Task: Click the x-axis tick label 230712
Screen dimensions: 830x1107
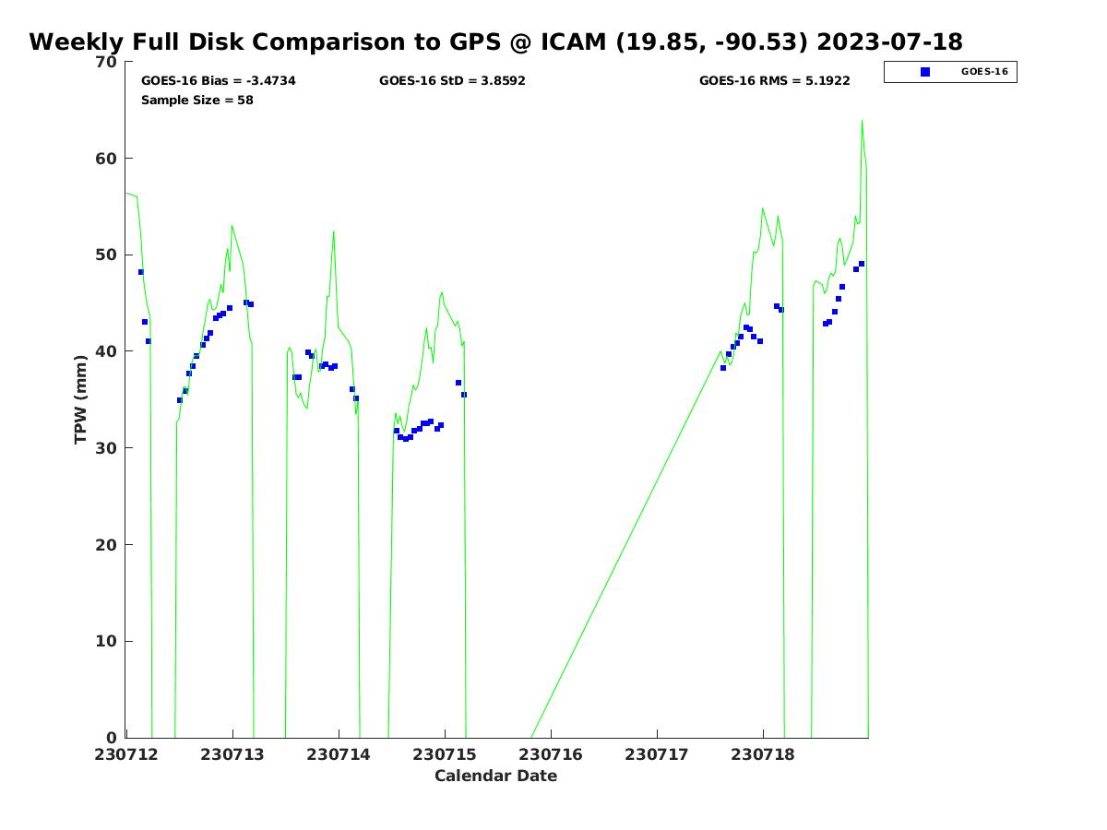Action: click(x=125, y=754)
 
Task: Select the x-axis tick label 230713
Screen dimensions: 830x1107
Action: click(x=232, y=754)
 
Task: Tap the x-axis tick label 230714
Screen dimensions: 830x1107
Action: click(x=339, y=754)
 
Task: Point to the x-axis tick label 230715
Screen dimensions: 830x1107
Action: click(x=445, y=754)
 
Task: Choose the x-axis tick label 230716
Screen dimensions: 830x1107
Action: click(x=551, y=754)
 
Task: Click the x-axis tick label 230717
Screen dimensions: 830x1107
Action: click(x=657, y=754)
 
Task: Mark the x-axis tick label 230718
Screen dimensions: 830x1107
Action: click(x=763, y=754)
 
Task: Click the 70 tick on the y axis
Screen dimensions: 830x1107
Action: click(x=108, y=62)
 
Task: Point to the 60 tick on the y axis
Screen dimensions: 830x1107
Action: click(x=108, y=159)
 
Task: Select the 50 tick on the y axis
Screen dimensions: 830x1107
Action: click(x=108, y=255)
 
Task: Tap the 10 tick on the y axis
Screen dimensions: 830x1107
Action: click(x=108, y=642)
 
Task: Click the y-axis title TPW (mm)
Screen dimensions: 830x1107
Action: click(x=81, y=399)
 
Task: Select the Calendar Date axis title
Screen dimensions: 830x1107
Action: click(x=496, y=777)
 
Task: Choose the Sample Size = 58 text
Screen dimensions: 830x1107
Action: click(x=197, y=101)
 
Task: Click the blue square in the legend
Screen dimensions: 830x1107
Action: click(x=925, y=72)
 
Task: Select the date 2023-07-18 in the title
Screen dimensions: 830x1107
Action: click(x=889, y=42)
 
